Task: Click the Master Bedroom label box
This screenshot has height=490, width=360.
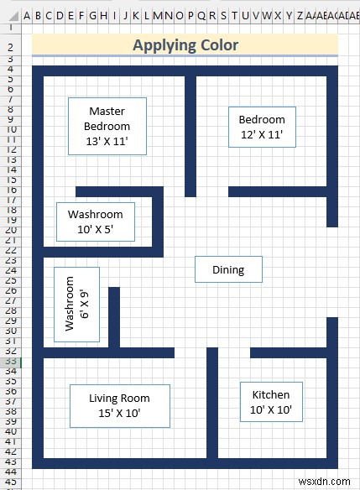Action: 107,126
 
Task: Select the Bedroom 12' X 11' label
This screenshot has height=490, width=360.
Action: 262,127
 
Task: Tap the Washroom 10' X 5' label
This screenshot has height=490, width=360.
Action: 96,222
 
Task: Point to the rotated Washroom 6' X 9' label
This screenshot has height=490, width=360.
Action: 76,305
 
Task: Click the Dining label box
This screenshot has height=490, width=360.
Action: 228,269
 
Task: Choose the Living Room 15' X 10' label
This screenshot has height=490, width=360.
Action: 120,406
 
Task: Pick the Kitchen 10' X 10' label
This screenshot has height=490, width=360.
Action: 271,402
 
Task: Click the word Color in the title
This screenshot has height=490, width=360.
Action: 219,45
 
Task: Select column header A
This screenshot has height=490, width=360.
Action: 27,15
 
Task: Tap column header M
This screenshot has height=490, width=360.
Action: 158,15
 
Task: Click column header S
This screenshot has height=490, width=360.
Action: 223,15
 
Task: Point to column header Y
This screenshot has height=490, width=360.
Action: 289,15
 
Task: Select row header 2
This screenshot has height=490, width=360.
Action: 11,47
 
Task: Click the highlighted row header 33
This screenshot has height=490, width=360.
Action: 11,362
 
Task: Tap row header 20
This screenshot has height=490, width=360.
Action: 11,230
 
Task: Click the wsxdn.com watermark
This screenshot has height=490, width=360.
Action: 324,482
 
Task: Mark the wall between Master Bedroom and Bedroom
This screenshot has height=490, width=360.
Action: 190,136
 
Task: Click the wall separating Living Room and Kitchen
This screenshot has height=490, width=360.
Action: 212,403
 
